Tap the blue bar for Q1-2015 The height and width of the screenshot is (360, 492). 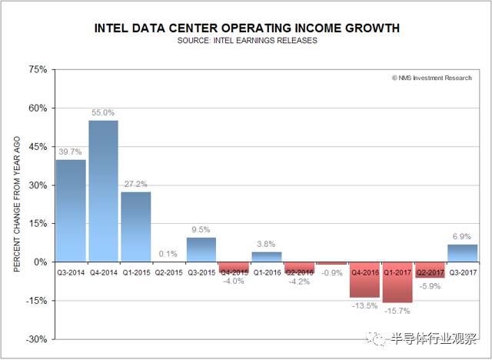(x=136, y=226)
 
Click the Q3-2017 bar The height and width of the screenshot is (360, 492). (x=463, y=253)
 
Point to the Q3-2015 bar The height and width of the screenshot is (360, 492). (x=201, y=249)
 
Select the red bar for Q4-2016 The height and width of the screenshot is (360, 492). (x=364, y=279)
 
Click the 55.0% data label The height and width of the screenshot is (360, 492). (x=103, y=112)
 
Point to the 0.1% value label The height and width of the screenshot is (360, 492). (x=168, y=253)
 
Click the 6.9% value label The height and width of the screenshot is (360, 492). (x=463, y=235)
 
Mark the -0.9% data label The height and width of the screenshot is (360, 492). (x=332, y=273)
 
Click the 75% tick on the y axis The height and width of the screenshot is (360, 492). (x=37, y=69)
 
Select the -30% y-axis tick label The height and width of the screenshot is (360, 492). (x=35, y=339)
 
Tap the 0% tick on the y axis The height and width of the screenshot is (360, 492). (x=40, y=262)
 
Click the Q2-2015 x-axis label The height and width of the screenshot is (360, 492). (x=168, y=271)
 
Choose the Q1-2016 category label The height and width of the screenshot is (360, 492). (x=267, y=271)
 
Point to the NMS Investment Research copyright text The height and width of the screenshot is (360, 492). (x=433, y=78)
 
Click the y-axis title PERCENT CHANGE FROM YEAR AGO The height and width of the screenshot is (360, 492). (x=17, y=204)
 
